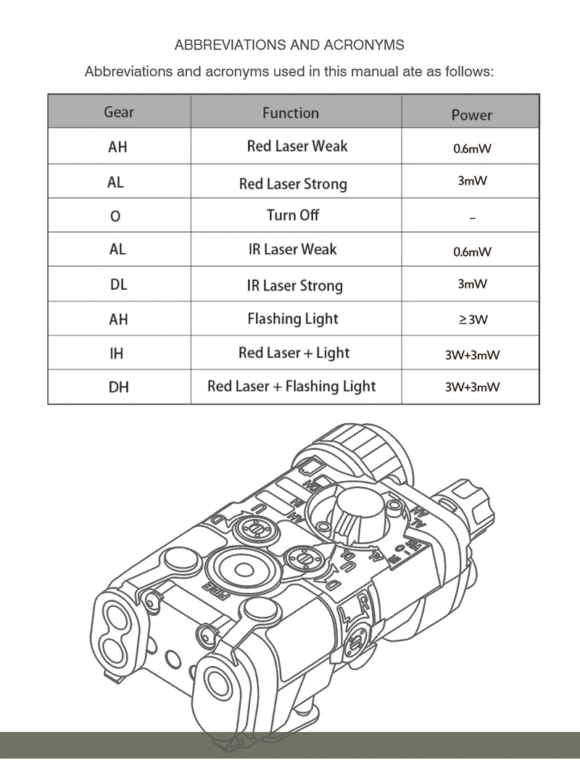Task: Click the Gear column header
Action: (119, 112)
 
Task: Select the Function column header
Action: (290, 113)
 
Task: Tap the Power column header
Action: (471, 115)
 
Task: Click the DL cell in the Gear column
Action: (119, 285)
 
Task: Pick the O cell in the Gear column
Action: (116, 217)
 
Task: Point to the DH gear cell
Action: (118, 388)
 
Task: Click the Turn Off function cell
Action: (293, 215)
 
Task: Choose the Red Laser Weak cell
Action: (297, 146)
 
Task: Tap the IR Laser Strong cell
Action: (294, 285)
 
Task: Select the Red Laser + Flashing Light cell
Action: (291, 386)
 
